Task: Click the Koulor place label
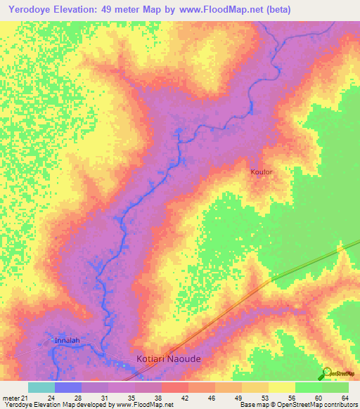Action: pos(262,171)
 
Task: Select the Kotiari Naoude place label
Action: pos(168,358)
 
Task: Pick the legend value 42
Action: pos(185,398)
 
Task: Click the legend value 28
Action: pos(78,398)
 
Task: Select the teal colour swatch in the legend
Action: pos(41,387)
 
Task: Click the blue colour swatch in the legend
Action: pos(68,387)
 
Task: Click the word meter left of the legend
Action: pos(11,398)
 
